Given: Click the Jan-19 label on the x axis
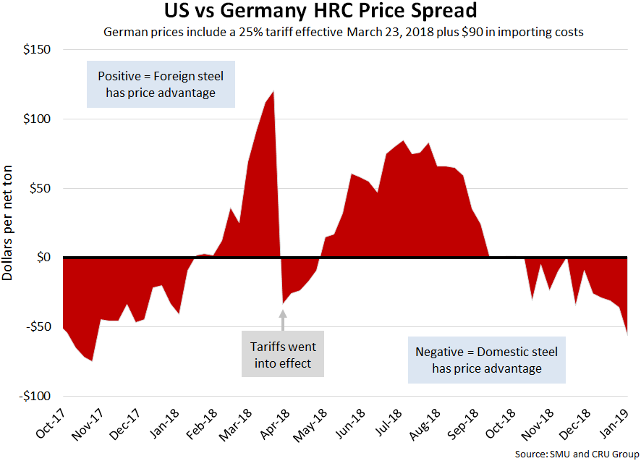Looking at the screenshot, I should (x=615, y=426).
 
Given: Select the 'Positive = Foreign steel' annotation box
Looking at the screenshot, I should (x=161, y=83).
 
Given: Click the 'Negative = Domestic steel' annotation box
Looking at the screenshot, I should (x=486, y=360).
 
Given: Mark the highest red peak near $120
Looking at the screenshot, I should (x=273, y=92).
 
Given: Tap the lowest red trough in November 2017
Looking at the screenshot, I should (x=92, y=360).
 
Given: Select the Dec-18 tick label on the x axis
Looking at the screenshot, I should (x=577, y=426).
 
